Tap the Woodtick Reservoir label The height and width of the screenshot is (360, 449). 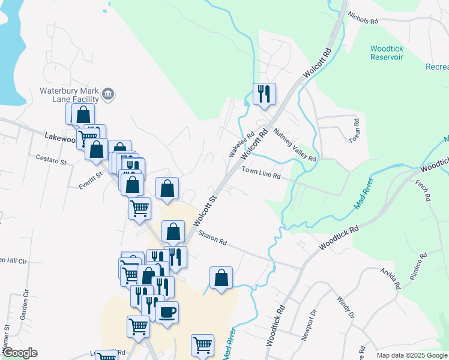click(x=387, y=52)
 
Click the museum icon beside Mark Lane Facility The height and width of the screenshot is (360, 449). click(x=109, y=94)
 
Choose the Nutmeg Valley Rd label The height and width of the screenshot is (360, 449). click(x=294, y=144)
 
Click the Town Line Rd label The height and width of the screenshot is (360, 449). click(x=261, y=173)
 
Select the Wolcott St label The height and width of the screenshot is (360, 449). click(x=204, y=206)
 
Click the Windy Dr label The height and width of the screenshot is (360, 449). click(x=346, y=307)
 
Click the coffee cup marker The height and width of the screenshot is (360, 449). click(x=167, y=313)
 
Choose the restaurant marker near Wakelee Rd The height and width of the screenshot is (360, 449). click(x=264, y=94)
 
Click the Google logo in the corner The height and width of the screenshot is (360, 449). click(x=19, y=353)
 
